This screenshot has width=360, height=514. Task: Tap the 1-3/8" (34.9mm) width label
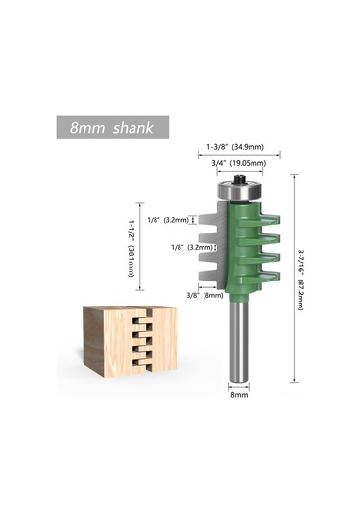[240, 147]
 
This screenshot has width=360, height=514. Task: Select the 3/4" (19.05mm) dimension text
[240, 163]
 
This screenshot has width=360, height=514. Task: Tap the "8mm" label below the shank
[239, 393]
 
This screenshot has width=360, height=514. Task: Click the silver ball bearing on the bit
[239, 191]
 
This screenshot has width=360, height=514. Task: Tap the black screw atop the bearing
[239, 173]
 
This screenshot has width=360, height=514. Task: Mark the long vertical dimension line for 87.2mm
[287, 279]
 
